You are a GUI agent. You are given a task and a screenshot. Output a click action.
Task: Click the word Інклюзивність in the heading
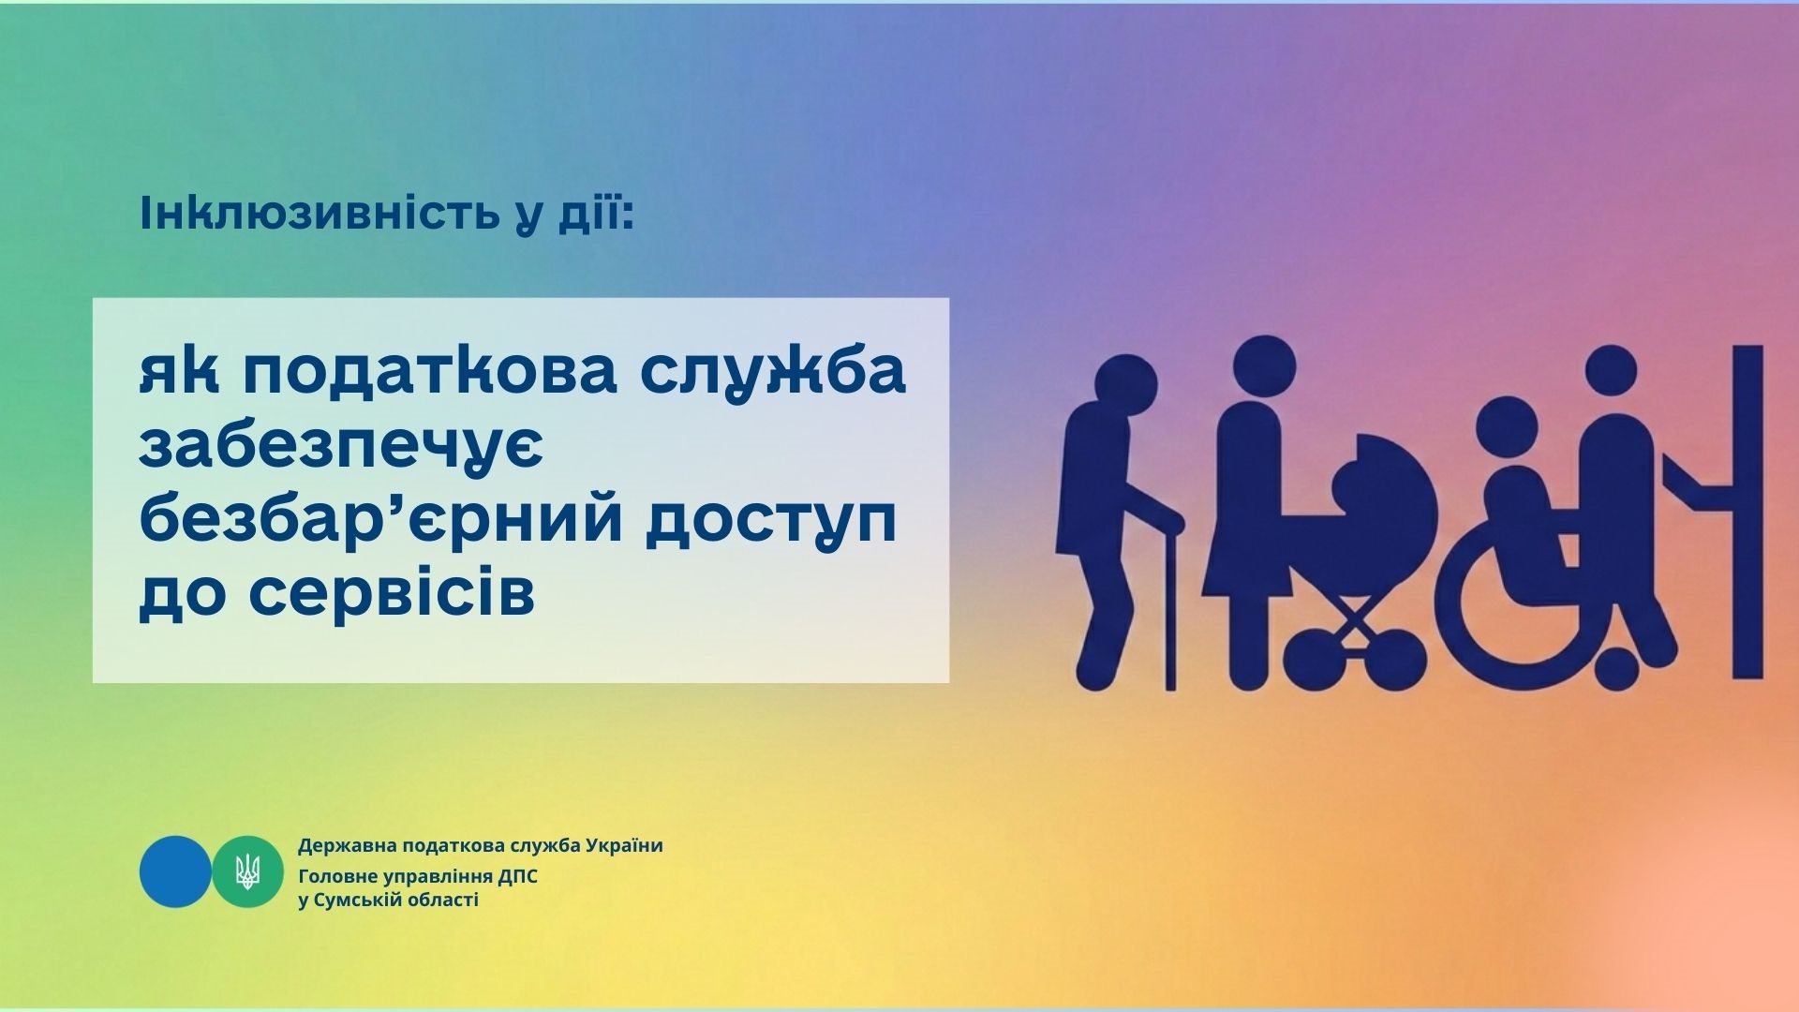click(319, 214)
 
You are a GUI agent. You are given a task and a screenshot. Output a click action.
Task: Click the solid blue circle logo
click(175, 871)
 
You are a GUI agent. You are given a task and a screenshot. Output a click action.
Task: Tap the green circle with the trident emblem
click(247, 871)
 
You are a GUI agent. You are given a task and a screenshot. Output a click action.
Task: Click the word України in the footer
click(624, 845)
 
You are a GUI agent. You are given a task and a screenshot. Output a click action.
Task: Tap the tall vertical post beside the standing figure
click(1747, 512)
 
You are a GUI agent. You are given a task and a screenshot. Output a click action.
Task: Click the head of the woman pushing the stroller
click(1263, 368)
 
